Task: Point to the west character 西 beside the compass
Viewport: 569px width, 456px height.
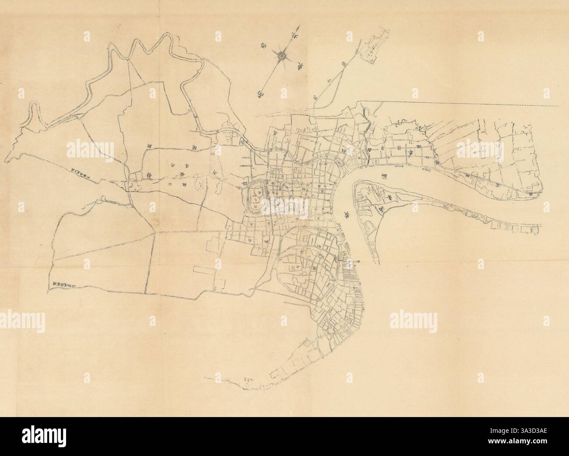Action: click(266, 45)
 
